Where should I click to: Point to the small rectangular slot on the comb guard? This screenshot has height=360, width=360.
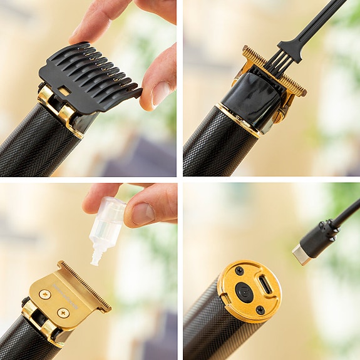[x=64, y=91]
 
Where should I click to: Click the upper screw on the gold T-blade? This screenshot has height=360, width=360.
[x=45, y=294]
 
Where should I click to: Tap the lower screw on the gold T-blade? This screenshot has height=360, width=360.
[x=63, y=313]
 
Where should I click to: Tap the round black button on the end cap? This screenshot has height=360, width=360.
[x=245, y=291]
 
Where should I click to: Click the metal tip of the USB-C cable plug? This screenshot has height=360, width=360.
[x=300, y=255]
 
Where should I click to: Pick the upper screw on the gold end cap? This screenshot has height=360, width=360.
[x=239, y=270]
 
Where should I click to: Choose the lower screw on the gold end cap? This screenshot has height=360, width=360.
[x=260, y=309]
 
